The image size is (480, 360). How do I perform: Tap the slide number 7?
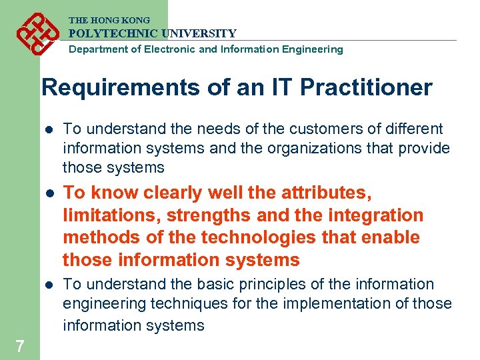click(x=19, y=346)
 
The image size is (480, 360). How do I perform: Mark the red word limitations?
click(x=110, y=215)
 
